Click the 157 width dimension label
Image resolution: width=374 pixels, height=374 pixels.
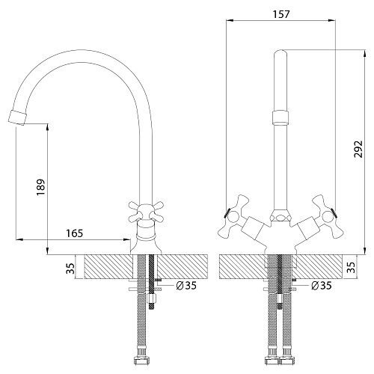click(x=281, y=14)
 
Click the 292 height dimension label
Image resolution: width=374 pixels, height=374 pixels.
click(x=358, y=149)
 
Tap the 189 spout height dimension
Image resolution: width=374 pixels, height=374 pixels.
click(x=40, y=187)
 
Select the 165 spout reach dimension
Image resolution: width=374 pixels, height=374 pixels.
click(x=74, y=233)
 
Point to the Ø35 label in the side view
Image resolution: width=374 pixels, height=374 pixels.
click(x=186, y=285)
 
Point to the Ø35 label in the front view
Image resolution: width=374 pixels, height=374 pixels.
click(x=322, y=285)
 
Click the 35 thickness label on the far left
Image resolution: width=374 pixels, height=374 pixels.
click(x=71, y=269)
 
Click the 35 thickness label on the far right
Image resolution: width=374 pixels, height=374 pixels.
click(x=352, y=267)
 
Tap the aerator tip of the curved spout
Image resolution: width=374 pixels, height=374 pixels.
click(x=17, y=117)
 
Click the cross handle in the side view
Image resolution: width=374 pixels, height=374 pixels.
click(x=146, y=212)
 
